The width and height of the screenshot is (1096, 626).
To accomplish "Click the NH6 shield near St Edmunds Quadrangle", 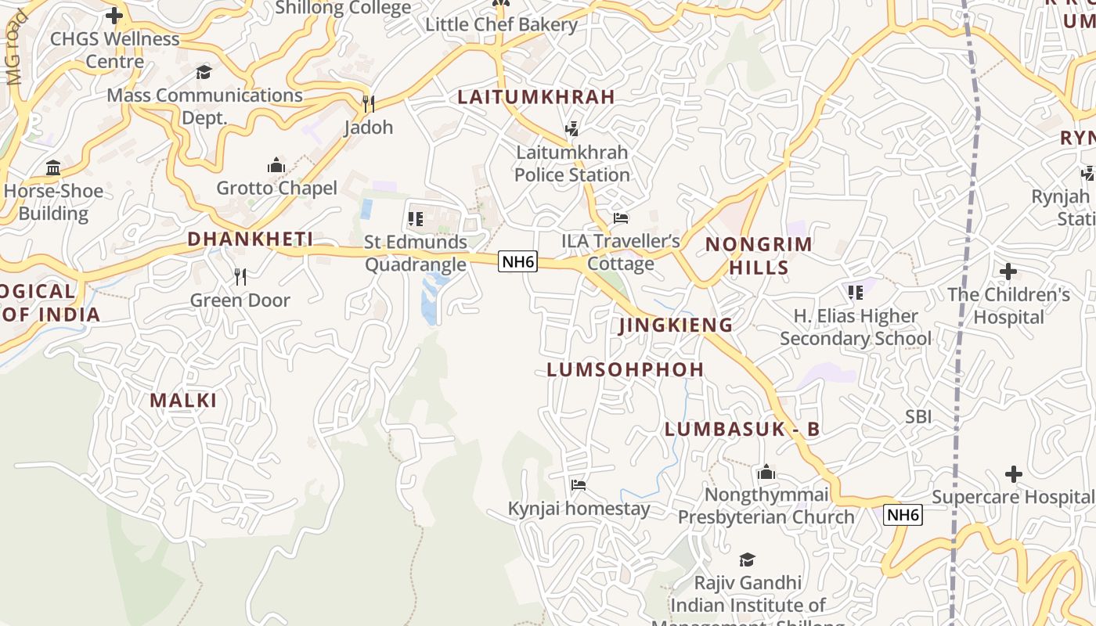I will point(518,261).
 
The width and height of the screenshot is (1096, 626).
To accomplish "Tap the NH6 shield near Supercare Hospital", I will point(903,515).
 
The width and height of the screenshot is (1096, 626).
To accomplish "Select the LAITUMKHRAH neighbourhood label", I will point(536,97).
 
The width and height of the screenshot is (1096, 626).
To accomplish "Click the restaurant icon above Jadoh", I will point(368,103).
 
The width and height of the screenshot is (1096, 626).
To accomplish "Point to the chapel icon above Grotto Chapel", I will point(276,165).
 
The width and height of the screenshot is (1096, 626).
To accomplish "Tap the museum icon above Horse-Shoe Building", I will point(53,167).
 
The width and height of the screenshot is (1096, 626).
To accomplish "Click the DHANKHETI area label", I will point(251,239).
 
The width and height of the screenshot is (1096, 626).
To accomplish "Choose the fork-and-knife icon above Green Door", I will point(240,276).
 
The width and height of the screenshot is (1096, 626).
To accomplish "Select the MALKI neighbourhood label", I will point(183,401).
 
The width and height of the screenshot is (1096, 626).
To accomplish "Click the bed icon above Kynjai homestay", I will point(579,485).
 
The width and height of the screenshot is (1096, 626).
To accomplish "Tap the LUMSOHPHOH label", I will point(626,369).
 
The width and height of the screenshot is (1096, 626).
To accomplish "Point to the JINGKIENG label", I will point(676,325).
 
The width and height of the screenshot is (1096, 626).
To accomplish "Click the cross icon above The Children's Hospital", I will point(1008,272).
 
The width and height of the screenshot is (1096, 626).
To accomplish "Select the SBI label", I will point(918,416).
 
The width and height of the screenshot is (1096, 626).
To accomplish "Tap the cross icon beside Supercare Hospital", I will point(1014,473).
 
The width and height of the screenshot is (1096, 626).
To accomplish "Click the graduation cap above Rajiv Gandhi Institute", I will point(747,559).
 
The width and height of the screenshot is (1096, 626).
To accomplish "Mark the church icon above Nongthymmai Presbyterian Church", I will point(766,472).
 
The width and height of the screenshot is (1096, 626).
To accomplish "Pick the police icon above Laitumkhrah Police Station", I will point(572,128).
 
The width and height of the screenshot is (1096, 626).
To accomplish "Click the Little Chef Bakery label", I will point(501,24).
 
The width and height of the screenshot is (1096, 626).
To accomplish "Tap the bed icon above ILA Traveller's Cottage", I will point(621,218).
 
